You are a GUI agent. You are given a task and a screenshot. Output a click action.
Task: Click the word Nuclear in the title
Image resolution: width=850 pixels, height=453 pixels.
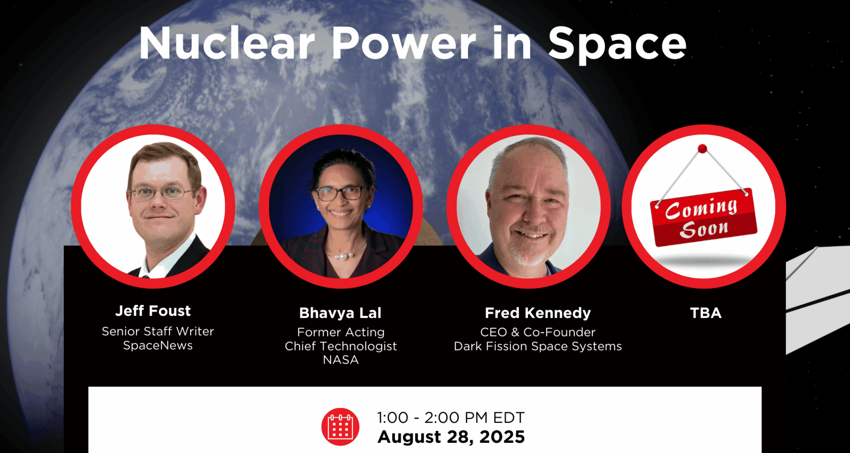[227, 43]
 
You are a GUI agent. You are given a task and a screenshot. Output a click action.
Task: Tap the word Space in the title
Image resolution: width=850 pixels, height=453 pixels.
[618, 44]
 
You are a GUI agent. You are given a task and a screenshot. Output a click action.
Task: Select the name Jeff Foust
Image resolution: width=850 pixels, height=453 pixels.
[153, 311]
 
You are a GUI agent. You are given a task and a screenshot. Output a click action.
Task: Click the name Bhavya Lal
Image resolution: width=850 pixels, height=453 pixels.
[340, 313]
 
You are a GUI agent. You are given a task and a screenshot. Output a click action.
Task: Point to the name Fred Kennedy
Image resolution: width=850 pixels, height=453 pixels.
[538, 313]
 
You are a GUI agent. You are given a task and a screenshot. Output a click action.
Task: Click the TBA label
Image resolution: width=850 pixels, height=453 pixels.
[706, 313]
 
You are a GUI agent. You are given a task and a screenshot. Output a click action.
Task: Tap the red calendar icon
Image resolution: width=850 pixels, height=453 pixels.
[340, 426]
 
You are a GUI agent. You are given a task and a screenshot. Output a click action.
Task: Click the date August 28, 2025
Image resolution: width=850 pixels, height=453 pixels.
[451, 437]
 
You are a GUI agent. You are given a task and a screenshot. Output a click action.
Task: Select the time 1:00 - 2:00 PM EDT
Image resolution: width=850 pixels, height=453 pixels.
[451, 417]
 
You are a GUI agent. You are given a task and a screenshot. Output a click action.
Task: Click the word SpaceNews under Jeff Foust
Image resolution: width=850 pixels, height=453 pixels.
[158, 345]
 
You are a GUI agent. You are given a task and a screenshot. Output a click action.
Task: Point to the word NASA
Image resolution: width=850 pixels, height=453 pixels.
[340, 360]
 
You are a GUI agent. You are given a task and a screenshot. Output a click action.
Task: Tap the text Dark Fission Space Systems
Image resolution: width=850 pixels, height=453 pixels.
[538, 346]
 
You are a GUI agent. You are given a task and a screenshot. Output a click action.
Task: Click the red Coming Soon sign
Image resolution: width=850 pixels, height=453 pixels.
[703, 217]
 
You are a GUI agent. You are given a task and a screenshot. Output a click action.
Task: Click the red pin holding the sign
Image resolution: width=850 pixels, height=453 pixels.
[702, 149]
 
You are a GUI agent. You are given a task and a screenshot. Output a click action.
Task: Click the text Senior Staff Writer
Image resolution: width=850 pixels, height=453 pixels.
[158, 331]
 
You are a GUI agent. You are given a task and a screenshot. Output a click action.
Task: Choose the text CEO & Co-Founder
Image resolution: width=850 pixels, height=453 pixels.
[538, 332]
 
